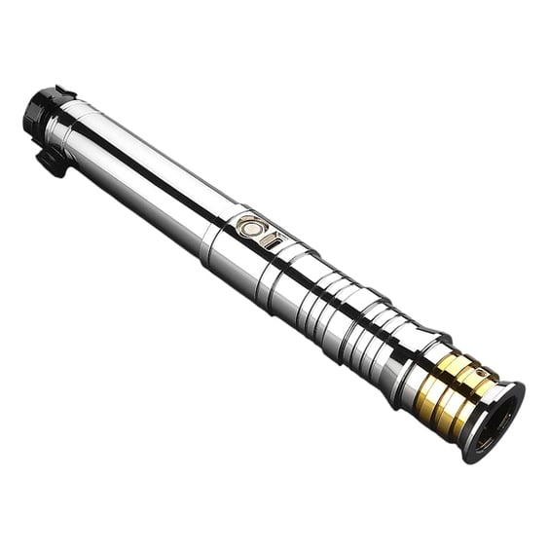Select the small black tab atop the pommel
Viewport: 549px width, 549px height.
[x=64, y=92]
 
